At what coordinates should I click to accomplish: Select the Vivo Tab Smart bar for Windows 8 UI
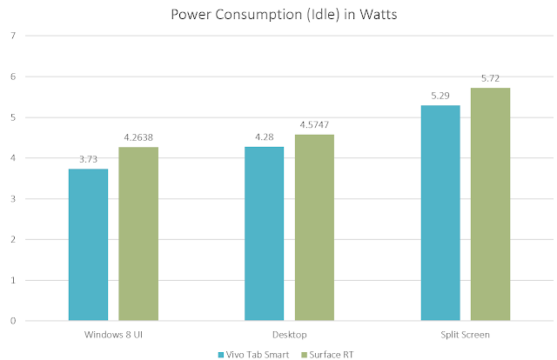(x=88, y=244)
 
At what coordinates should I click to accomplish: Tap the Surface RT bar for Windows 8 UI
(x=138, y=234)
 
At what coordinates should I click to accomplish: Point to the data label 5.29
(x=440, y=97)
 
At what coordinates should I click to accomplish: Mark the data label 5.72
(x=490, y=79)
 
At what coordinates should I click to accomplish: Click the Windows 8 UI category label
(x=113, y=333)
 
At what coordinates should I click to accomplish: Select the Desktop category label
(x=289, y=333)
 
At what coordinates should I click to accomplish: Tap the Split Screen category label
(x=465, y=333)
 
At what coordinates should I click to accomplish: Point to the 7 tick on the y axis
(x=12, y=36)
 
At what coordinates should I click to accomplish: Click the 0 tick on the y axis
(x=12, y=321)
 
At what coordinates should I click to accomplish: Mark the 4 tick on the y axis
(x=12, y=158)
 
